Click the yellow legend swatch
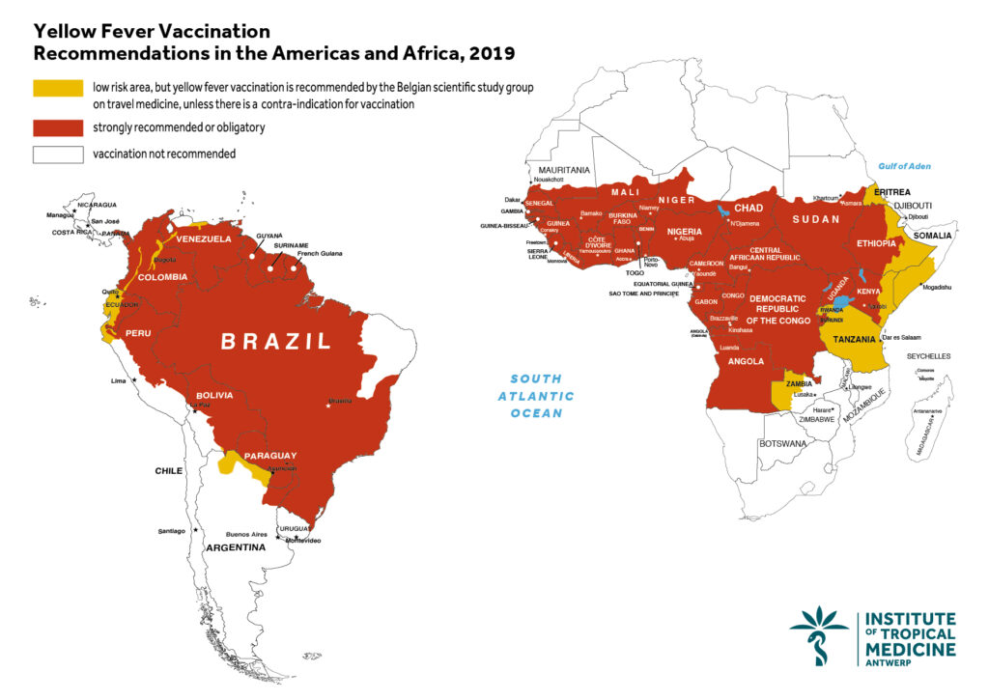click(x=57, y=88)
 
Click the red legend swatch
click(x=57, y=127)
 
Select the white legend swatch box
click(x=57, y=154)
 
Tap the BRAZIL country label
click(x=276, y=341)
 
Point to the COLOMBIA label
click(x=162, y=277)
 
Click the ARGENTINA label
click(x=234, y=547)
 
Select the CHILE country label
click(x=169, y=471)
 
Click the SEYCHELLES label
click(x=928, y=356)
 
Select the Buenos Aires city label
click(x=246, y=533)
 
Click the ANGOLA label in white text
click(x=747, y=362)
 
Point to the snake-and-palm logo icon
click(x=819, y=634)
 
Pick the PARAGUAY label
click(x=269, y=456)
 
